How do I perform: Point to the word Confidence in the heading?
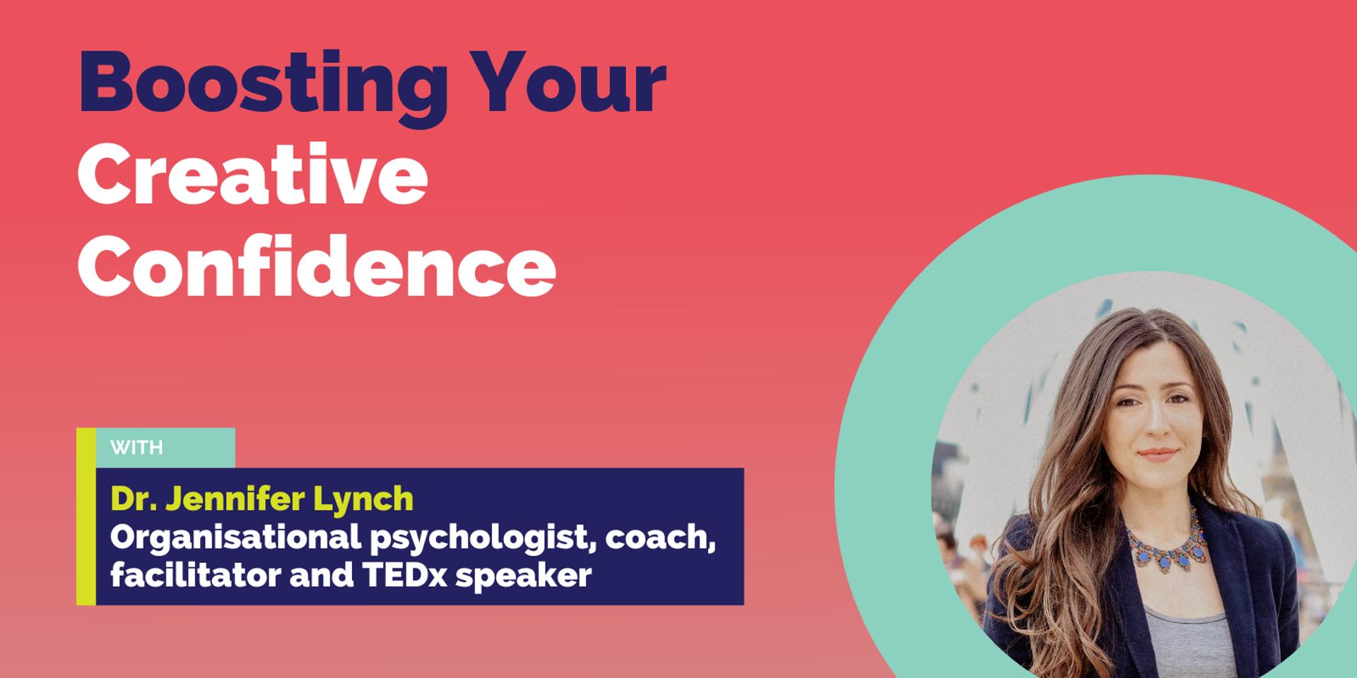317,268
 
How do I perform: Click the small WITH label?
136,448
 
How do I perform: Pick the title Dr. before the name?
134,499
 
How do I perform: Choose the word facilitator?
195,576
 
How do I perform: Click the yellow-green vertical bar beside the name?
86,516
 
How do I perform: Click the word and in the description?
322,576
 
